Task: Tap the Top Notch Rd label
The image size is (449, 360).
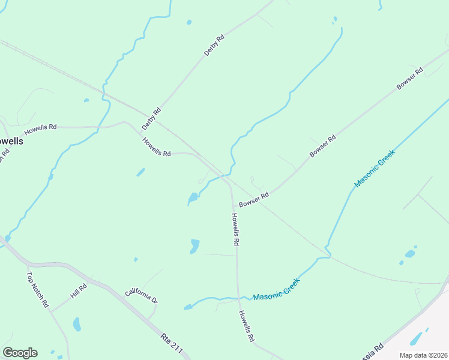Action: [37, 290]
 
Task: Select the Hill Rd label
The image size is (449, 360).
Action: [79, 291]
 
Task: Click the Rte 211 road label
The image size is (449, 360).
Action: [172, 343]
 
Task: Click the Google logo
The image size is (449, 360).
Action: [20, 353]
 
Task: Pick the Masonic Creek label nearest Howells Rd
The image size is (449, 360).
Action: [276, 289]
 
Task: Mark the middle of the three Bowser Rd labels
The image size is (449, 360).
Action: [322, 146]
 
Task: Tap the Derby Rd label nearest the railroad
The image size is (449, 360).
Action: [152, 118]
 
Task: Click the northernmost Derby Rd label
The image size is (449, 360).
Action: [214, 46]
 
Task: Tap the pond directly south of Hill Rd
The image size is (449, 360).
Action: [77, 325]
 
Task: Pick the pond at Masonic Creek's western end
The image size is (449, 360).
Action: [188, 307]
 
